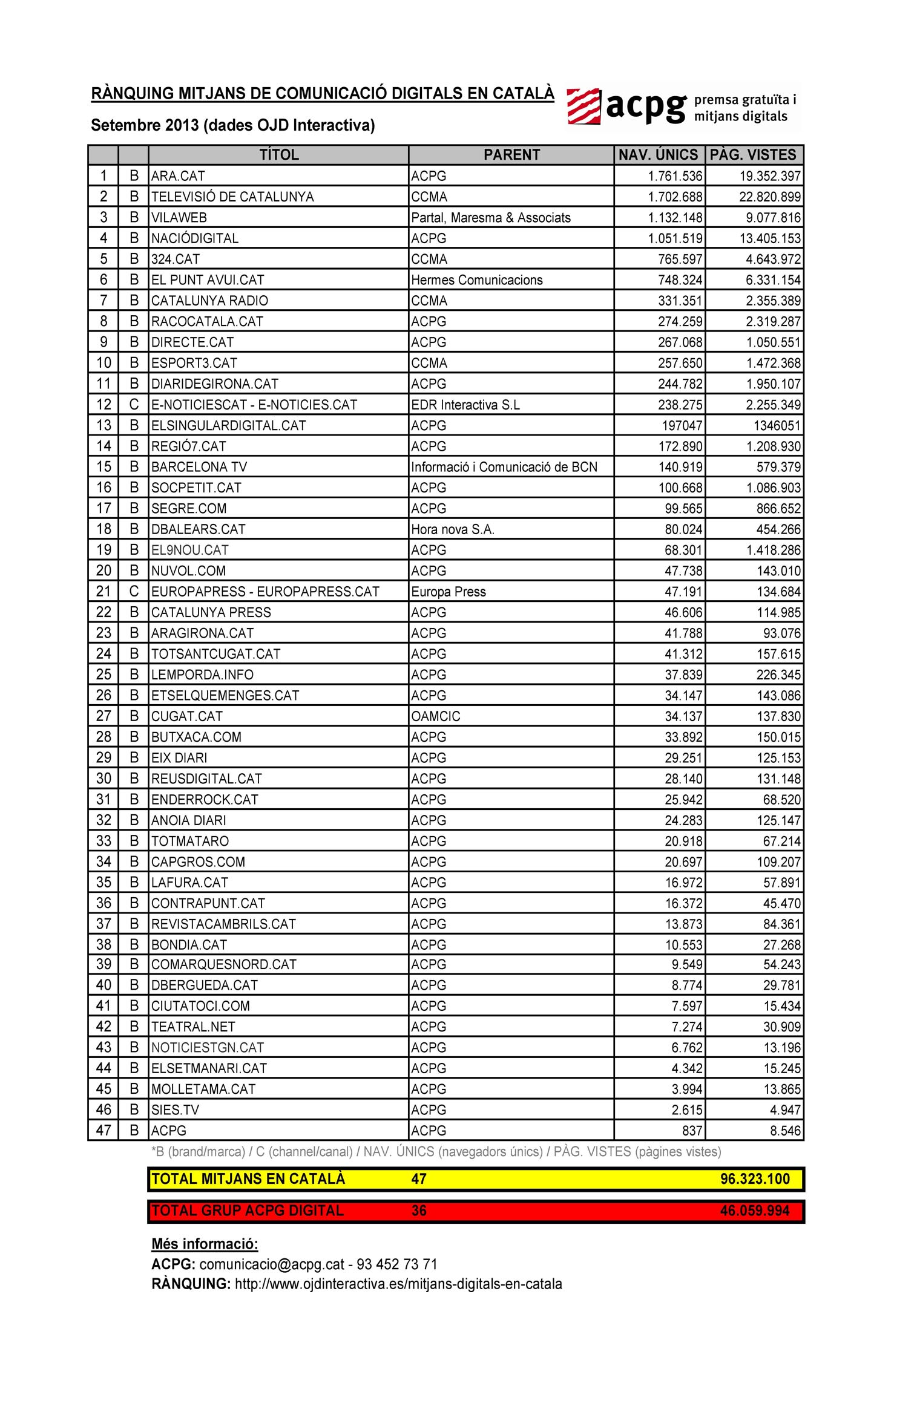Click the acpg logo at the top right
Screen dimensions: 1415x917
tap(682, 107)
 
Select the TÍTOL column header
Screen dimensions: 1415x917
tap(279, 155)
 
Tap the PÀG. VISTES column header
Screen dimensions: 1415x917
tap(754, 155)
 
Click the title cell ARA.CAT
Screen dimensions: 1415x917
tap(178, 176)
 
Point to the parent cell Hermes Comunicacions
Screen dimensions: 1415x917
tap(477, 280)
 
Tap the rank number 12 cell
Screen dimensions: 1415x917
tap(104, 405)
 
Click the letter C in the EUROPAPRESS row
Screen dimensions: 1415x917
tap(134, 592)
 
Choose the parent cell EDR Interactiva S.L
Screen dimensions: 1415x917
tap(465, 405)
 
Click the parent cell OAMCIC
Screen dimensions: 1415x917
tap(436, 716)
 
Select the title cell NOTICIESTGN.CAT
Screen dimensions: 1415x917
tap(208, 1048)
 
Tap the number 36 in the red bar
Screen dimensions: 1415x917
tap(419, 1211)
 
